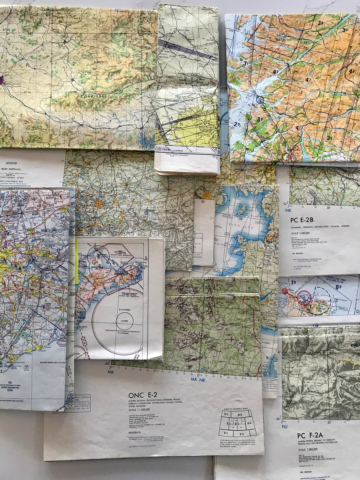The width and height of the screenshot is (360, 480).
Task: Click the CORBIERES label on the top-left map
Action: tap(93, 96)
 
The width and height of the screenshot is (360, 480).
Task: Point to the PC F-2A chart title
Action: tap(310, 435)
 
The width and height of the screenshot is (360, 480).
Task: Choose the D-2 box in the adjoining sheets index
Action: tap(239, 415)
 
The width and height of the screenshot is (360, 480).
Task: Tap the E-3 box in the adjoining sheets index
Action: tap(250, 423)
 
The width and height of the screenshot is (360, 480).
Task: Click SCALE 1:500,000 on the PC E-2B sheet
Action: tap(300, 233)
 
